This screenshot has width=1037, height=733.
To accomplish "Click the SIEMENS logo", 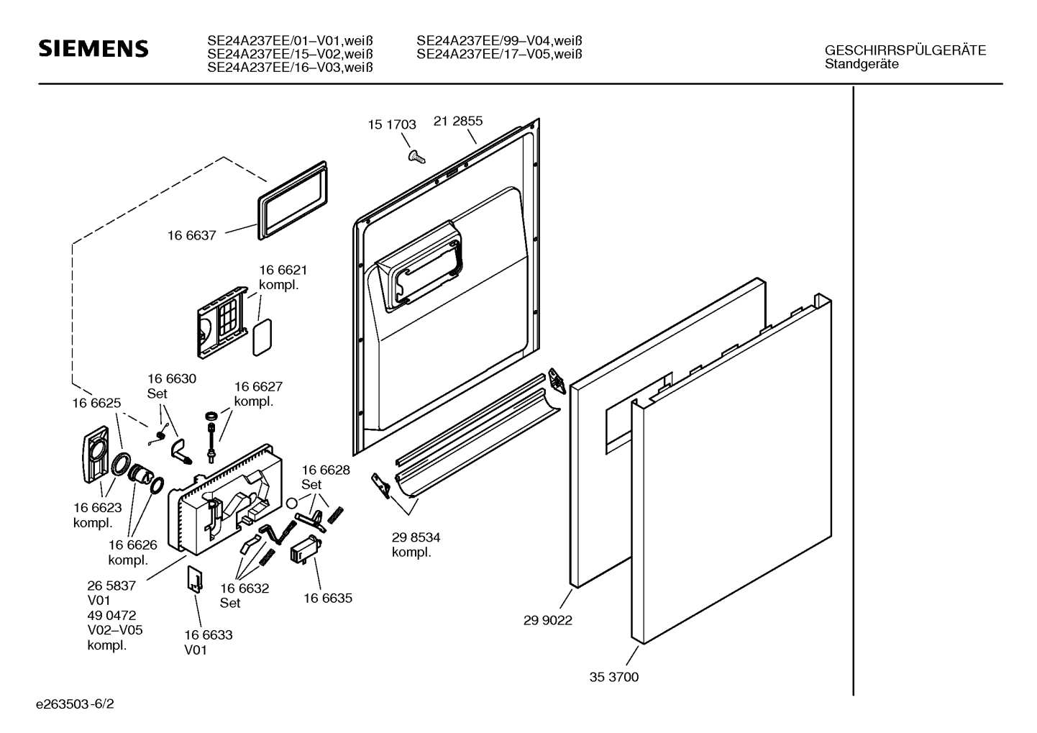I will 93,48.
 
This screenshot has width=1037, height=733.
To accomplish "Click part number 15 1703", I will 392,124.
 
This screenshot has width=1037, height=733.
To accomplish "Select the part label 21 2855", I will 458,121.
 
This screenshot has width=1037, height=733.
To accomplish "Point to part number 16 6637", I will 192,235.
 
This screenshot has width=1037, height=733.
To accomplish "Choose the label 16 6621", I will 283,270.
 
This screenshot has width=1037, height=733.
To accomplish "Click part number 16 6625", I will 96,404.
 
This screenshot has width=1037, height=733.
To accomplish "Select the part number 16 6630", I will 172,379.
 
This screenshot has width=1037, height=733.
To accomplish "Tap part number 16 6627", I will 258,386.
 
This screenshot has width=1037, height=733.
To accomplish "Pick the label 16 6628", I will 326,470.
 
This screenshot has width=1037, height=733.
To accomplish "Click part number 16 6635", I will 328,598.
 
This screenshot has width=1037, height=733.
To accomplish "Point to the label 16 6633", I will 209,635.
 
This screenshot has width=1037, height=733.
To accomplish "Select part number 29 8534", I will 416,537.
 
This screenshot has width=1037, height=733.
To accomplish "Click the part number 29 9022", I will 548,620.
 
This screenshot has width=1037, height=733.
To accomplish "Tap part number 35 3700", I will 614,677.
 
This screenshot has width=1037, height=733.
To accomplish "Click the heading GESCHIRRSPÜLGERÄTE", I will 905,50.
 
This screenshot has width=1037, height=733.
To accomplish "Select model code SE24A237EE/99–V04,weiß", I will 499,41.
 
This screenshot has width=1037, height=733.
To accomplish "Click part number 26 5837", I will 111,586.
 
